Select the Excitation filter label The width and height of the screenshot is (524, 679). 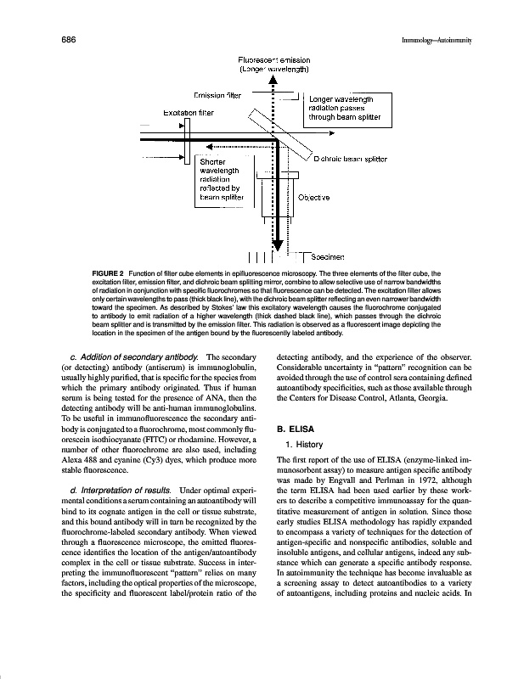pyautogui.click(x=188, y=111)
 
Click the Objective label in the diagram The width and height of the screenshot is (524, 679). pyautogui.click(x=313, y=197)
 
